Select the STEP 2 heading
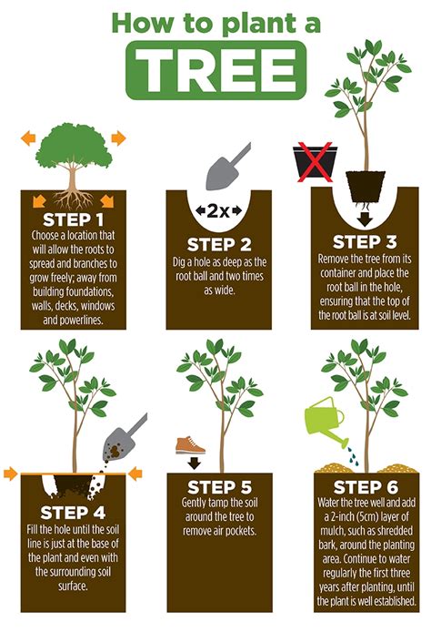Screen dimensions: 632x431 point(218,244)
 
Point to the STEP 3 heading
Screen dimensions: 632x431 point(364,241)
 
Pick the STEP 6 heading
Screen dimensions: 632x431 point(364,487)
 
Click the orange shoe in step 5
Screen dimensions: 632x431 point(191,443)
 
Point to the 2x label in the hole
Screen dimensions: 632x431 point(218,211)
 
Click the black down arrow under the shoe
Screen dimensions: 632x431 point(192,462)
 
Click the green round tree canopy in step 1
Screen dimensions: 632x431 point(72,146)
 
